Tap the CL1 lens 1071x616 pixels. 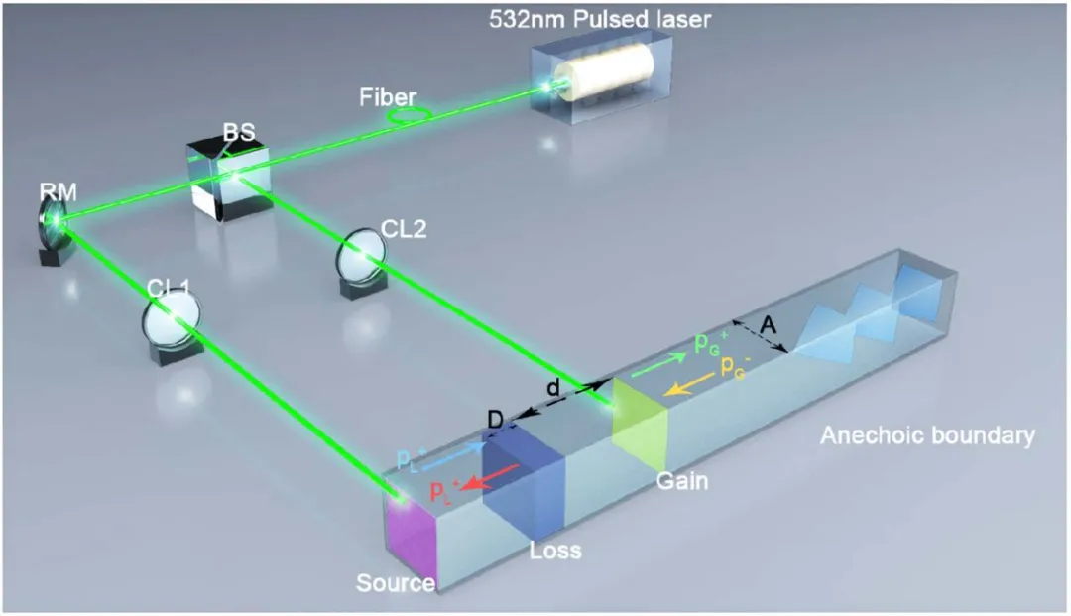(x=169, y=322)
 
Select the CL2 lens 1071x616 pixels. (x=359, y=257)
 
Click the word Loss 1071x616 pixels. (x=556, y=548)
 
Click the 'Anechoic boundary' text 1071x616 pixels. (x=927, y=435)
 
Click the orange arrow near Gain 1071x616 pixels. (x=688, y=385)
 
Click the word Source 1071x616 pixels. (x=395, y=582)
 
